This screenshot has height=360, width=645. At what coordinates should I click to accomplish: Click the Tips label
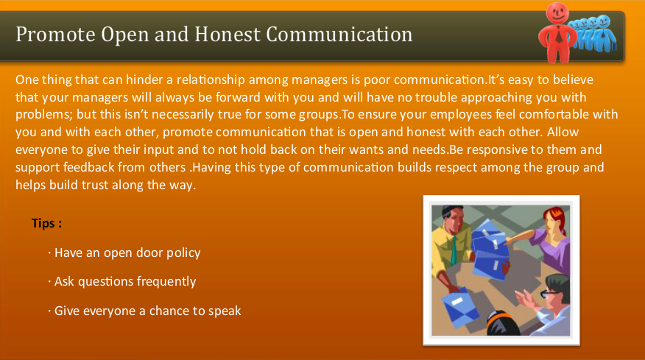pyautogui.click(x=46, y=222)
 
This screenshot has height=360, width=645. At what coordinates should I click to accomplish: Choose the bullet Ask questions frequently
pyautogui.click(x=125, y=281)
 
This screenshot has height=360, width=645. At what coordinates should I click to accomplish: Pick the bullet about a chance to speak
pyautogui.click(x=148, y=311)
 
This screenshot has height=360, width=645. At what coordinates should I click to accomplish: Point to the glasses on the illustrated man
pyautogui.click(x=549, y=294)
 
